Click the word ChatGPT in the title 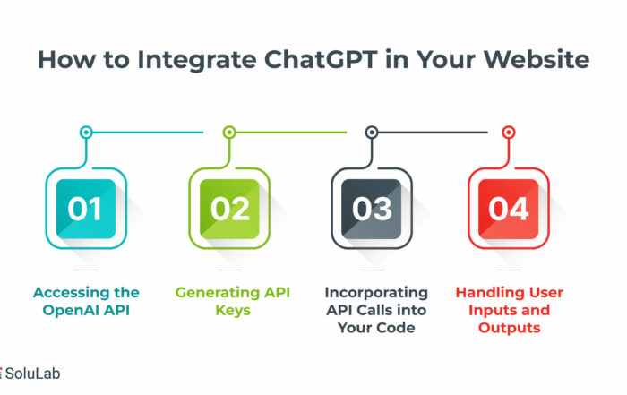point(321,60)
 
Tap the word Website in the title point(537,60)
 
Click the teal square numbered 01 point(86,209)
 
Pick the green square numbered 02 point(229,209)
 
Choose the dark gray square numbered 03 point(372,209)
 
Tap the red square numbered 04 point(508,209)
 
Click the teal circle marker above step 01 point(86,132)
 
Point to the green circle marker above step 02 point(229,132)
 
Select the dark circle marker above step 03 point(372,132)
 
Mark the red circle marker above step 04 point(508,132)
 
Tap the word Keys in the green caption point(233,311)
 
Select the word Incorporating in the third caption point(376,293)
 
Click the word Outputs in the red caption point(509,328)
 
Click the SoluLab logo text point(32,374)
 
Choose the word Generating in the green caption point(217,293)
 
